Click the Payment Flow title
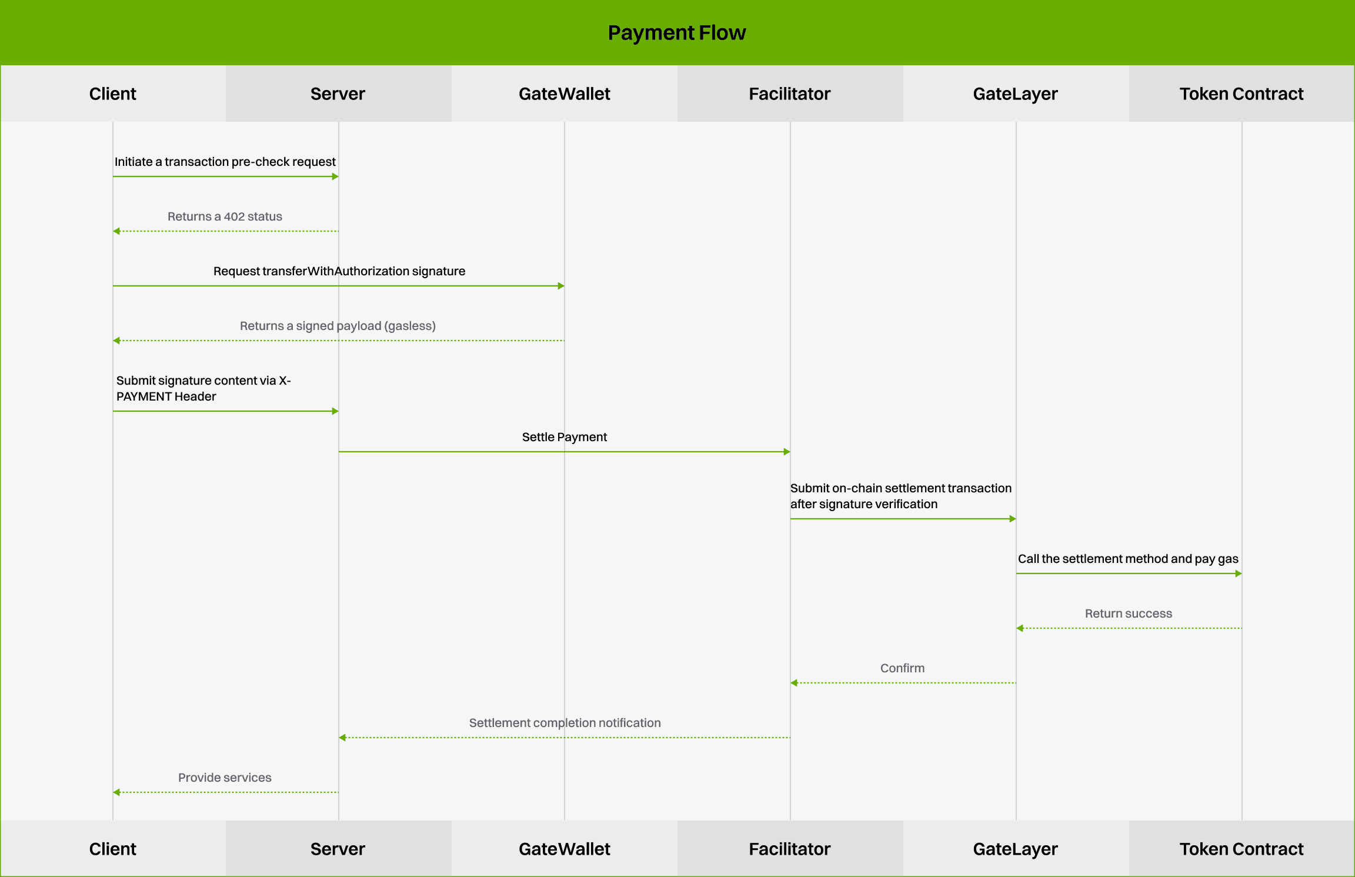676,33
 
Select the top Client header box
113,94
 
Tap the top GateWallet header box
564,94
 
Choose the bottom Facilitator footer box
790,849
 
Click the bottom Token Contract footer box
1241,849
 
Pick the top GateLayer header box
1016,94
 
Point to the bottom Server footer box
338,849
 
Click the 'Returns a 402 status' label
225,216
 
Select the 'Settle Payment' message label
564,437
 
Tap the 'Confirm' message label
902,668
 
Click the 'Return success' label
1128,613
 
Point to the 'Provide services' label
225,778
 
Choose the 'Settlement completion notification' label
565,723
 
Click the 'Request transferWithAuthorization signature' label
339,271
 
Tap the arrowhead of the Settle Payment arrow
787,452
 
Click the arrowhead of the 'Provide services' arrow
116,792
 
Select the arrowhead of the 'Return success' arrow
1020,628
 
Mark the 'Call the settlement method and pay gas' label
1128,559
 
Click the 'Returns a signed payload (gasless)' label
338,326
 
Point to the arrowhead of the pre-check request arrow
335,176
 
